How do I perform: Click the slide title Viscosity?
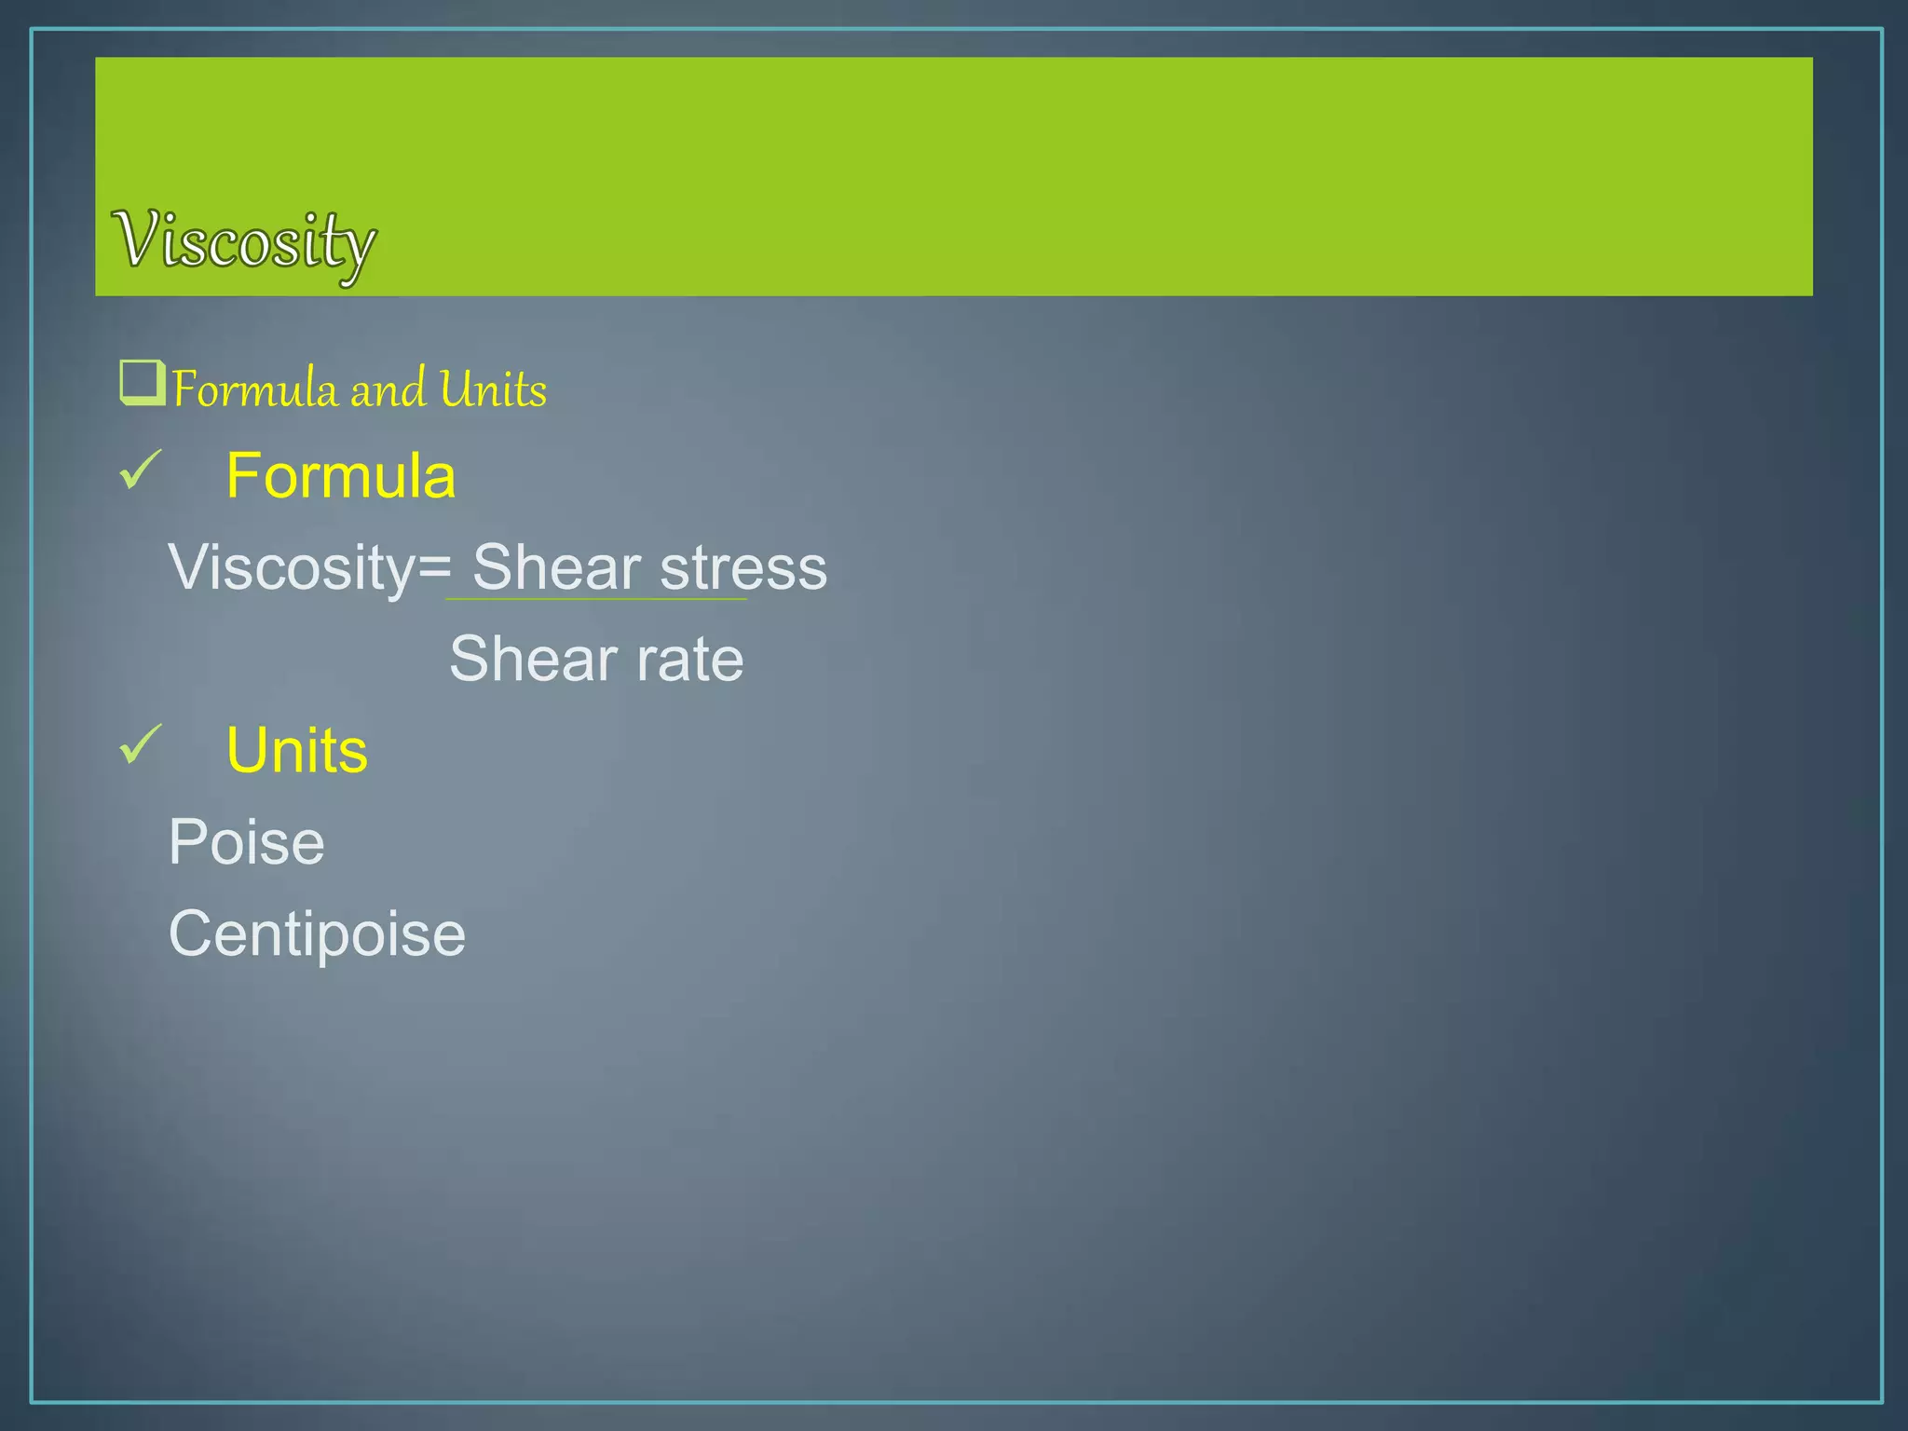[244, 241]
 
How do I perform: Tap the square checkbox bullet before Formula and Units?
[142, 383]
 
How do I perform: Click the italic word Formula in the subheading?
[254, 389]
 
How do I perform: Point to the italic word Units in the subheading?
[493, 389]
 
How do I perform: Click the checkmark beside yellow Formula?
[141, 470]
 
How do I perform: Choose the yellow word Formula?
[341, 476]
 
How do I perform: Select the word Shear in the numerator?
[556, 567]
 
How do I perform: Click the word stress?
[743, 567]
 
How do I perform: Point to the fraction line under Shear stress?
[596, 599]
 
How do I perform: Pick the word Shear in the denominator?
[533, 659]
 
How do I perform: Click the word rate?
[690, 659]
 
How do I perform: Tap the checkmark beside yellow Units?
[141, 745]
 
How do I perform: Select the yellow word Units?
[297, 750]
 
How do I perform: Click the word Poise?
[247, 842]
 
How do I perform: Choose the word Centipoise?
[317, 934]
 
